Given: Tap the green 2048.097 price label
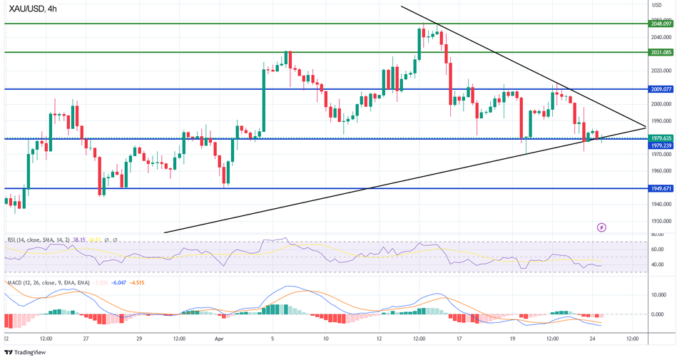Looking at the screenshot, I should pyautogui.click(x=661, y=24).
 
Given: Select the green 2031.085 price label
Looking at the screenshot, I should pyautogui.click(x=661, y=52).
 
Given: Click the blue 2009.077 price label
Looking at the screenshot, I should pyautogui.click(x=661, y=89).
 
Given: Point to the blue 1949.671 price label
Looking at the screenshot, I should pyautogui.click(x=661, y=188).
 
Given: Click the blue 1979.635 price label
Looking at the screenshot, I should pyautogui.click(x=661, y=138).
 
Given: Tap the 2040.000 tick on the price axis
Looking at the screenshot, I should pyautogui.click(x=661, y=37).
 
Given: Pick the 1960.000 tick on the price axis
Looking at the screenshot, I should pyautogui.click(x=661, y=171).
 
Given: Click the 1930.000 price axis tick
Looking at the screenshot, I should pyautogui.click(x=661, y=221).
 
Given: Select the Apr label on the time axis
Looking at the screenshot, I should pyautogui.click(x=219, y=339).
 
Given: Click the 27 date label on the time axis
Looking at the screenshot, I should pyautogui.click(x=85, y=339).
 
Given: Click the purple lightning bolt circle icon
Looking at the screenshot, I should pyautogui.click(x=601, y=227).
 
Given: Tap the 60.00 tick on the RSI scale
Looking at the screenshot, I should pyautogui.click(x=658, y=249).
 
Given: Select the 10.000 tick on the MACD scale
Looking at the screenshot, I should pyautogui.click(x=659, y=294).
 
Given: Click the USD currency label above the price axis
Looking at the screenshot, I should pyautogui.click(x=657, y=5).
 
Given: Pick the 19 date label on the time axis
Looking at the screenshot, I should pyautogui.click(x=514, y=339).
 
